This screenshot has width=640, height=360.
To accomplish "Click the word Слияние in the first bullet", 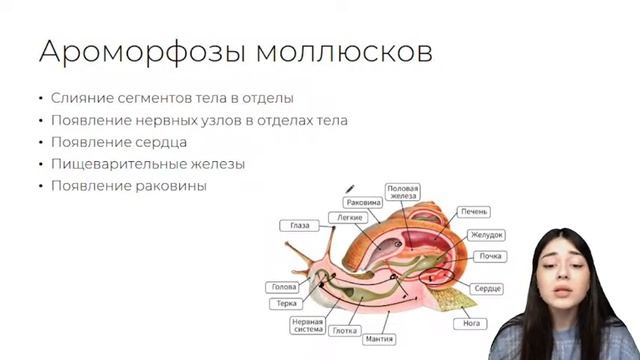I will (79, 99).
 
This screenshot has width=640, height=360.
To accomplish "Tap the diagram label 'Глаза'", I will (300, 226).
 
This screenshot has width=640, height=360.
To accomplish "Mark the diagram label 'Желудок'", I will (485, 235).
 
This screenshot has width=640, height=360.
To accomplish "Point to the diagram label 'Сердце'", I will (487, 288).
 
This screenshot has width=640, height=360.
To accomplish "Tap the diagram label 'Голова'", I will (283, 286).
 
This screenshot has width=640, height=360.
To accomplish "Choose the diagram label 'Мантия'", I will (378, 339).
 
